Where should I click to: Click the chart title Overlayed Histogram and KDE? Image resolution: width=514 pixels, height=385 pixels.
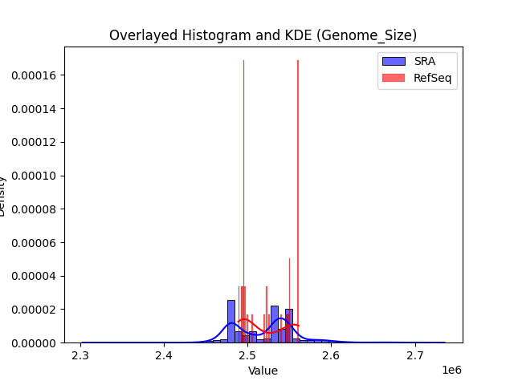pyautogui.click(x=263, y=35)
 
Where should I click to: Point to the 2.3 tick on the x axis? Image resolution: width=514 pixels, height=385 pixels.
pyautogui.click(x=80, y=355)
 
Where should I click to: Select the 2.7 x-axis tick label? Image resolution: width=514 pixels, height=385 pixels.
pyautogui.click(x=414, y=355)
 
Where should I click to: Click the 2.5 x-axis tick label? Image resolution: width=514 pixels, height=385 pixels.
pyautogui.click(x=247, y=355)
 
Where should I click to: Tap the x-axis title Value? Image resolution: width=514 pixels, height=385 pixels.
pyautogui.click(x=263, y=371)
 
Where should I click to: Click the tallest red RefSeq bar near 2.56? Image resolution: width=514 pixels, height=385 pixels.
pyautogui.click(x=298, y=201)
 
